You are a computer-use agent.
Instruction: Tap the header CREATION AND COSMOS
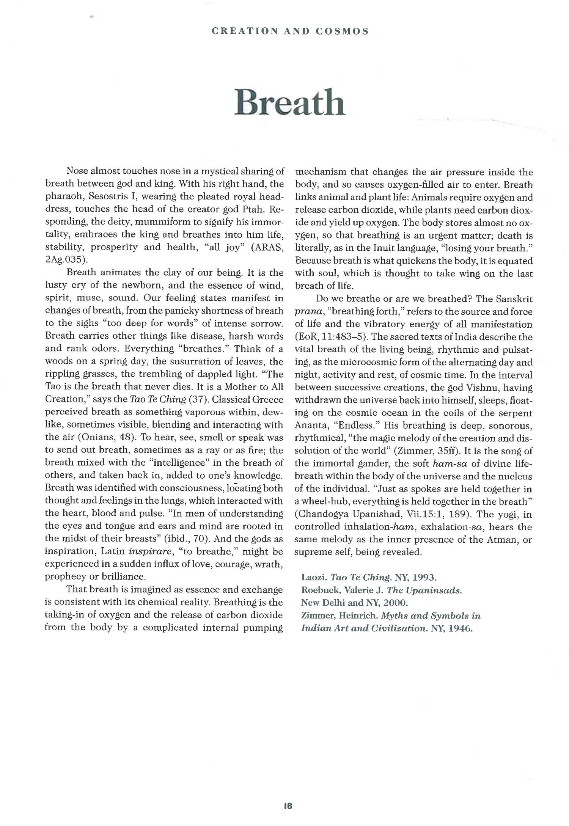tap(290, 31)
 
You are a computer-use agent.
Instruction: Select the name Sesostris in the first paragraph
tap(107, 197)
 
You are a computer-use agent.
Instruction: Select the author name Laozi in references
tap(313, 578)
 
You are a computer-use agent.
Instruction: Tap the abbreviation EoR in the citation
tap(308, 337)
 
